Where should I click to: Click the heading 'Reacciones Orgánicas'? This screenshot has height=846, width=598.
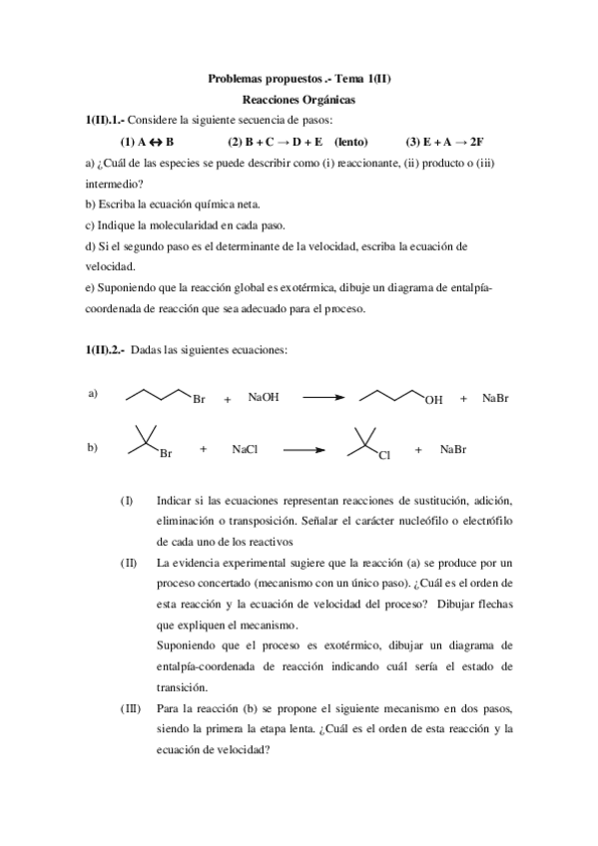[x=299, y=100]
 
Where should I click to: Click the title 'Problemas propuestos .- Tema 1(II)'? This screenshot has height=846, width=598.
[x=299, y=79]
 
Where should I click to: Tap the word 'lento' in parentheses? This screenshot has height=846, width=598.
[x=349, y=141]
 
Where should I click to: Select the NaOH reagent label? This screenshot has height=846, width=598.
[x=264, y=397]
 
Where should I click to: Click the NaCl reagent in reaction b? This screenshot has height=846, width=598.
[x=245, y=450]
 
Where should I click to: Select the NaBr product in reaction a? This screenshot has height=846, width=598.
[x=496, y=398]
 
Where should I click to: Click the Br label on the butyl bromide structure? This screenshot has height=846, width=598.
[x=199, y=400]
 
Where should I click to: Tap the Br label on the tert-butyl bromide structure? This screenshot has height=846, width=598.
[x=166, y=456]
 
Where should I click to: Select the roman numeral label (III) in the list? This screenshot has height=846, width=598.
[x=130, y=708]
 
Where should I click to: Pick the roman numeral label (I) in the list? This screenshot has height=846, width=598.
[x=126, y=499]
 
